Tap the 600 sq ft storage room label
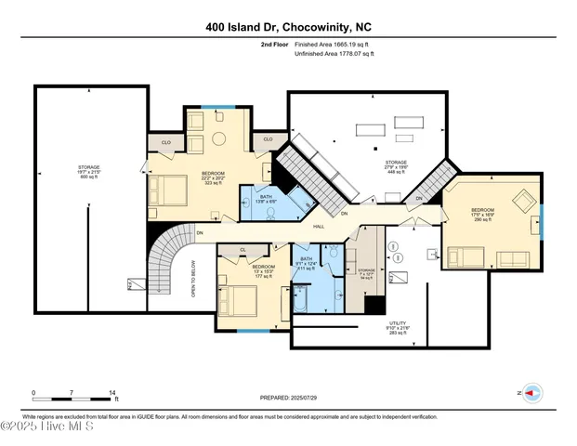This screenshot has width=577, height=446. [89, 174]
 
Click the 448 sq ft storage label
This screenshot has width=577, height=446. [397, 166]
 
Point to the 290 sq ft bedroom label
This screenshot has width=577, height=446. [482, 215]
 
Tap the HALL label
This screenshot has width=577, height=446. [318, 226]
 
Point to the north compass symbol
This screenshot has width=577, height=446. [532, 394]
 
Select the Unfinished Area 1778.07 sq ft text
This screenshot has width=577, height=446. [334, 54]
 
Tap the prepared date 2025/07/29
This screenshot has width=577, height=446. [287, 398]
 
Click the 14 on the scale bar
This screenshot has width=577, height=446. [112, 394]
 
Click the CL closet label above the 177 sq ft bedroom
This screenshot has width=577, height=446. [243, 250]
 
